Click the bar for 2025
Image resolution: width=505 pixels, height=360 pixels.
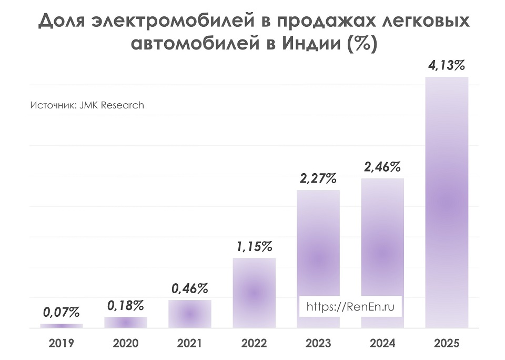pos(447,203)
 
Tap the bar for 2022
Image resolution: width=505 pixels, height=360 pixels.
pos(254,293)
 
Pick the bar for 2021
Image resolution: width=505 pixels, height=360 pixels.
pos(190,314)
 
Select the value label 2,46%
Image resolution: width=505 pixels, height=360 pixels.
pos(382,167)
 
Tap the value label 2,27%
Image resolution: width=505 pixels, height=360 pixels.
pos(318,178)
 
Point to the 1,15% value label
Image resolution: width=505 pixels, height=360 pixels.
pos(254,246)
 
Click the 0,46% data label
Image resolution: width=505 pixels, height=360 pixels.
pos(190,288)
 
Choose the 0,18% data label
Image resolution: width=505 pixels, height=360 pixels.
pos(126,305)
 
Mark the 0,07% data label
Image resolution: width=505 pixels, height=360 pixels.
pos(62,313)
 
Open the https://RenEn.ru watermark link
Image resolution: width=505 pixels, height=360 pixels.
pos(350,306)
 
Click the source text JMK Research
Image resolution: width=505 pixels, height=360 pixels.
pos(112,105)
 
